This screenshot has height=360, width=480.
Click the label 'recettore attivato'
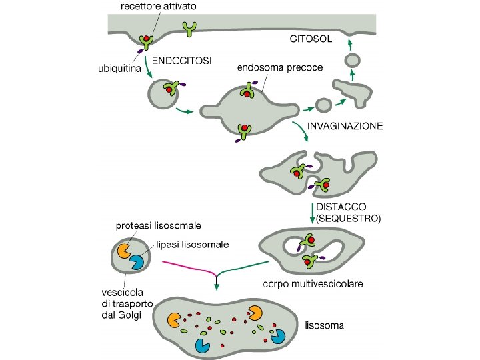coord(159,5)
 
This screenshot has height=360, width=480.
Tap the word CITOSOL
coord(310,38)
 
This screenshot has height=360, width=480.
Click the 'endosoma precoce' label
coord(280,67)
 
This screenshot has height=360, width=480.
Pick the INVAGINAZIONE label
coord(345,126)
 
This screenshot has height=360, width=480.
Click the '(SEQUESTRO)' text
coord(349,218)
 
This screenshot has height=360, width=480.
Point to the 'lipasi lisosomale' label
coord(193,245)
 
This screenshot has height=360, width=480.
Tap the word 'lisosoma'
coord(325,326)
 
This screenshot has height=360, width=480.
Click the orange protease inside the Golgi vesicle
coord(123,251)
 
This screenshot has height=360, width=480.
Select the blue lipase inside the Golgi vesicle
coord(137,263)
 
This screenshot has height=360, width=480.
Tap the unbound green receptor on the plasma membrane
coord(191,29)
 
